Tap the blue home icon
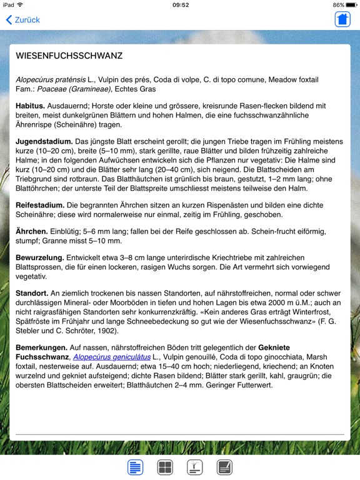tap(342, 19)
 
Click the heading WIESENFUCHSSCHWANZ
tap(69, 56)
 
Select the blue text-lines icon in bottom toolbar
tap(135, 467)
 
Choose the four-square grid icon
tap(165, 467)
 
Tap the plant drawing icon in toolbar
tap(195, 467)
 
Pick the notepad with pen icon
tap(225, 467)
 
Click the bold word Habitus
tap(30, 106)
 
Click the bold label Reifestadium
tap(40, 204)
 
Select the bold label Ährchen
tap(31, 231)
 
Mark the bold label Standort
tap(32, 294)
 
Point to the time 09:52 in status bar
tap(180, 5)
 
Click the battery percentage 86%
tap(338, 5)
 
